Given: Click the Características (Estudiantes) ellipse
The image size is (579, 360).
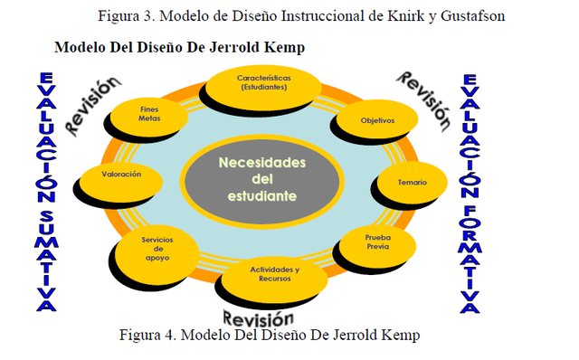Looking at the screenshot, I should pyautogui.click(x=264, y=84).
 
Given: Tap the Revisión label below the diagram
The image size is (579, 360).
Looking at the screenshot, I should pyautogui.click(x=259, y=318).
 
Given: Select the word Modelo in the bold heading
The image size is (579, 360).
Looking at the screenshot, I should pyautogui.click(x=81, y=46).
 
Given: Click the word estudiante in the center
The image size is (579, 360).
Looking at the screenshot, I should pyautogui.click(x=261, y=195).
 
